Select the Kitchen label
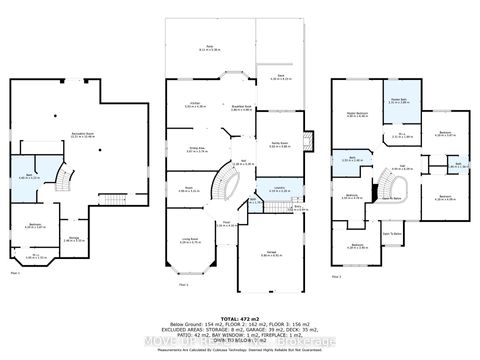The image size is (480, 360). [191, 104]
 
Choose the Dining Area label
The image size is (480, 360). [199, 150]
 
